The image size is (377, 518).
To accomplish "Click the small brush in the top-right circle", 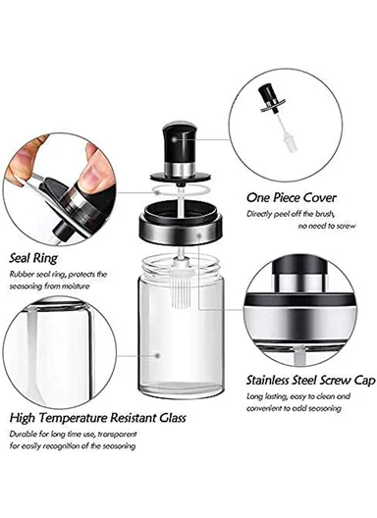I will click(x=290, y=119).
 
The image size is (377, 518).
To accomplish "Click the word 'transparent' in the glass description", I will click(x=116, y=434).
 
